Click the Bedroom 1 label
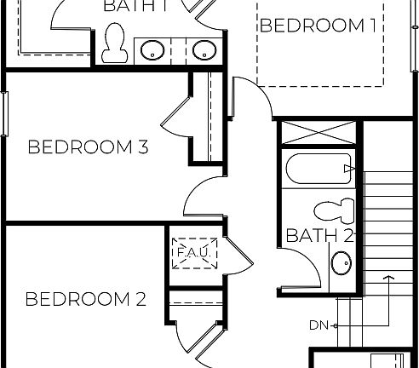[318, 26]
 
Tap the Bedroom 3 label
[89, 147]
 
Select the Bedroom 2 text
[85, 299]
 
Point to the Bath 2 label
[319, 235]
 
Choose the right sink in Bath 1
[204, 50]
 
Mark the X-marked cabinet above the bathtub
[318, 135]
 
